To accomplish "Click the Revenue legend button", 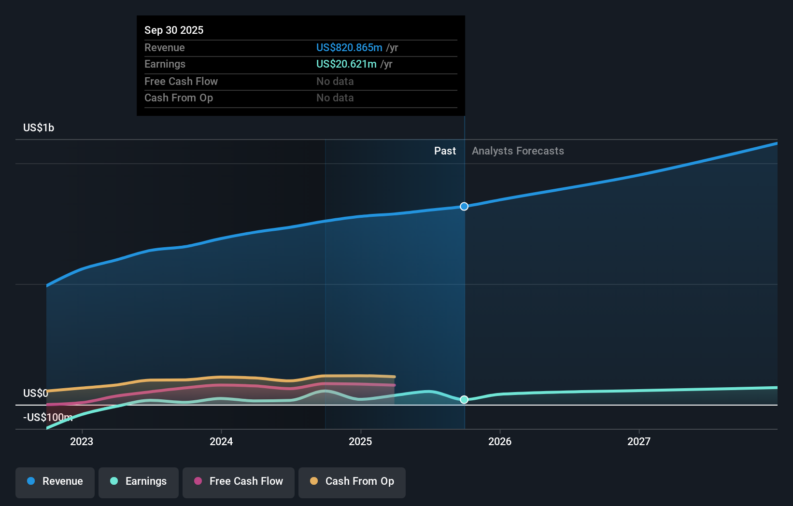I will (55, 481).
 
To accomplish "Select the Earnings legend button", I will (139, 481).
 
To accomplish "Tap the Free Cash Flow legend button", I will (239, 481).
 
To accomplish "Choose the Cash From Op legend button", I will (352, 481).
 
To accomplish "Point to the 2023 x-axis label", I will (82, 441).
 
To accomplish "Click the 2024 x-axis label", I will (221, 441).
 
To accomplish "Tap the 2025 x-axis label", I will (360, 441).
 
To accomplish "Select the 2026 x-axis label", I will (500, 441).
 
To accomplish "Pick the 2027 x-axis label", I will (639, 441).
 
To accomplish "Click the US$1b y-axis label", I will (39, 127).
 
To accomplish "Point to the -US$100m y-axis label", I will (48, 417).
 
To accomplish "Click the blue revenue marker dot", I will (464, 207).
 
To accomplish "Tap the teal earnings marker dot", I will (464, 400).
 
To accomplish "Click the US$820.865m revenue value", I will (349, 48).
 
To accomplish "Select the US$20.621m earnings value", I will (346, 64).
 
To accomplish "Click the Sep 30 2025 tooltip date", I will (174, 30).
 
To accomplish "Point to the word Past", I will (445, 151).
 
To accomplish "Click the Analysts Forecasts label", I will (518, 151).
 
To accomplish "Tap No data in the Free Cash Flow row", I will (335, 82).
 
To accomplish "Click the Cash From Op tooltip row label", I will (179, 98).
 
